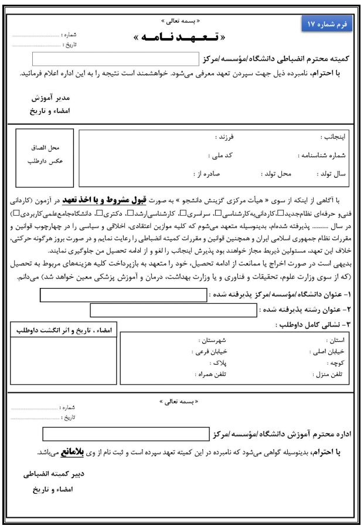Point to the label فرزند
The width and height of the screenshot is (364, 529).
tap(225, 137)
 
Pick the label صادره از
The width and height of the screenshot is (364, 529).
tap(206, 174)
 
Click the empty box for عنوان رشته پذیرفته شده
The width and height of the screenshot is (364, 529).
tap(174, 310)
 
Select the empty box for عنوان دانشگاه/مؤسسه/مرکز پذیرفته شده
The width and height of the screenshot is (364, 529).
tap(124, 295)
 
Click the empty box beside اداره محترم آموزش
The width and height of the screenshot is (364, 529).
tap(125, 435)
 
